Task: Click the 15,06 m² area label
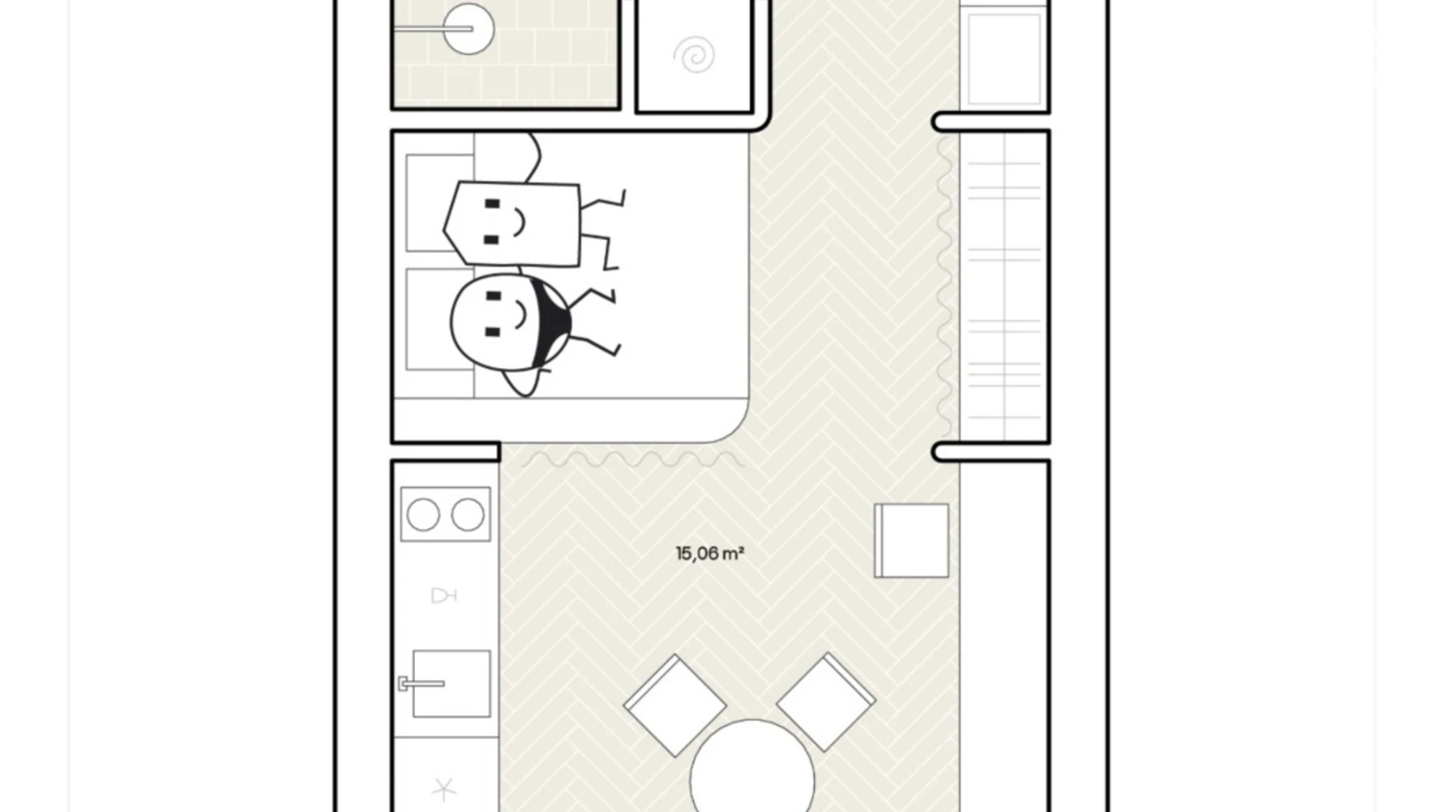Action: [710, 554]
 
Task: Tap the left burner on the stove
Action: [423, 515]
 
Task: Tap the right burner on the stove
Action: [468, 515]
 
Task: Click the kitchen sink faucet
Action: [421, 684]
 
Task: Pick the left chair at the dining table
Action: [674, 706]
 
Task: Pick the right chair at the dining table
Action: [827, 702]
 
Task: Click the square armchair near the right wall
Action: [912, 540]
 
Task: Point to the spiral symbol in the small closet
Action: [694, 55]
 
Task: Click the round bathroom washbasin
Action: [469, 30]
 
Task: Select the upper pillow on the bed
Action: [439, 203]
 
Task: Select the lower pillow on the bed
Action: [439, 319]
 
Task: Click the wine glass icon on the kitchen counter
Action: [443, 596]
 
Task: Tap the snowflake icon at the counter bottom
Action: [443, 789]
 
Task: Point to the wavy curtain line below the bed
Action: [633, 460]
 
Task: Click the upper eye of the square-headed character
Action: [492, 205]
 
